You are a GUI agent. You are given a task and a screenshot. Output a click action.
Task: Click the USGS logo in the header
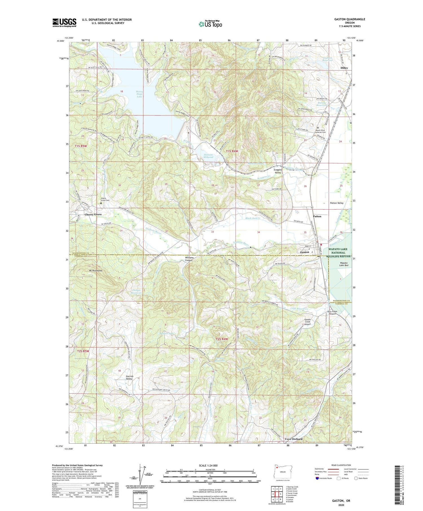[x=64, y=23]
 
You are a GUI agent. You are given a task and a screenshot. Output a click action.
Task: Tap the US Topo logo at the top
[x=210, y=24]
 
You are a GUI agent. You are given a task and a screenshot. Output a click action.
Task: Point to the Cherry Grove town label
[x=93, y=214]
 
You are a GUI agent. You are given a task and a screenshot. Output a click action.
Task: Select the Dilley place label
[x=344, y=68]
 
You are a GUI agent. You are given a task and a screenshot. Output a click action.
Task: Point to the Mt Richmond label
[x=95, y=271]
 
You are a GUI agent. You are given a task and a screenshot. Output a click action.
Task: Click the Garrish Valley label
[x=129, y=377]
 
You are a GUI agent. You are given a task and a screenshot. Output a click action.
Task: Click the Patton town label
[x=317, y=216]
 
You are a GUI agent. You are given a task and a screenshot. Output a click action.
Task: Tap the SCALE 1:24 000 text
[x=210, y=465]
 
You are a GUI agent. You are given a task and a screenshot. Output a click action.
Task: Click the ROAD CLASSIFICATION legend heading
[x=341, y=465]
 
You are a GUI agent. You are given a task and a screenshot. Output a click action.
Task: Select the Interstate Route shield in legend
[x=317, y=478]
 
